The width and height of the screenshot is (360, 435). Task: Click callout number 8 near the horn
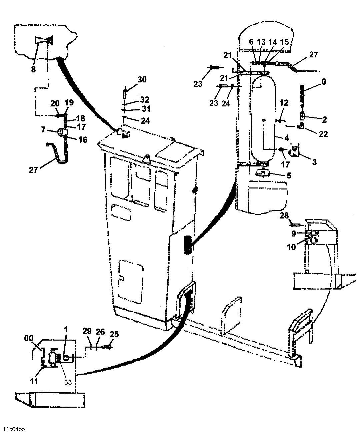point(33,70)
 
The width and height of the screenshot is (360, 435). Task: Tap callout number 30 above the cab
point(142,79)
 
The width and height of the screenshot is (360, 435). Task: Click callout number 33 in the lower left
point(68,382)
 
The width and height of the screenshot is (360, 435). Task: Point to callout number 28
point(284,216)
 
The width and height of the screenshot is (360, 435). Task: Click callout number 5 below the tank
point(289,175)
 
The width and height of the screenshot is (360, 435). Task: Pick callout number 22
point(323,134)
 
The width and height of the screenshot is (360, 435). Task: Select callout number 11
point(34,381)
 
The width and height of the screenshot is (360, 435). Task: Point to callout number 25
point(114,334)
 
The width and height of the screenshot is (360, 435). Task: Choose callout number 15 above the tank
point(284,42)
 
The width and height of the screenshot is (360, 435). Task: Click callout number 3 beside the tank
point(314,162)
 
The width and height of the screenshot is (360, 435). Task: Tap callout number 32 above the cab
point(145,99)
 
